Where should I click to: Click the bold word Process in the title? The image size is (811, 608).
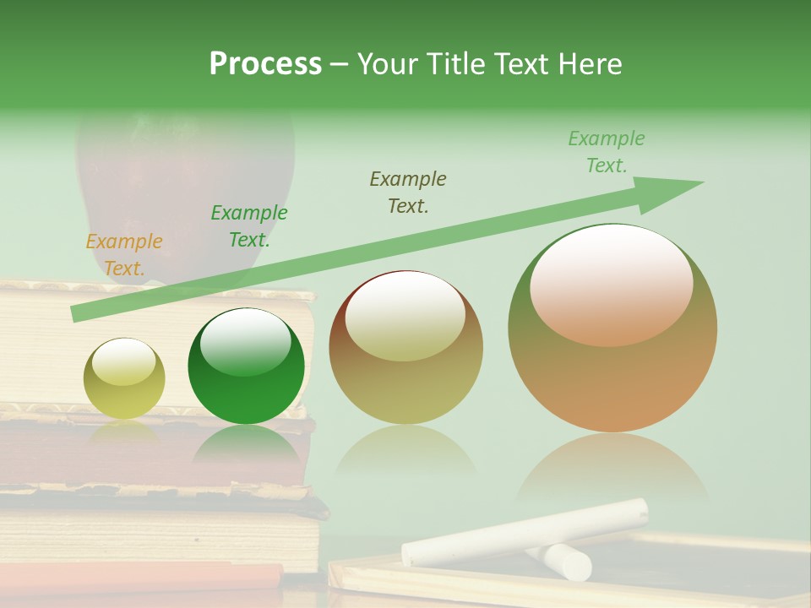pos(265,64)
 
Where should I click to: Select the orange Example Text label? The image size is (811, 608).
pos(124,255)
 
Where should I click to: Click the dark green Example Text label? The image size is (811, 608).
pos(248,226)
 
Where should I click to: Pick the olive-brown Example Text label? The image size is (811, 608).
pos(407,193)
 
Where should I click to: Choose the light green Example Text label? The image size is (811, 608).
pos(606,152)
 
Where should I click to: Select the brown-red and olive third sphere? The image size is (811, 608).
pos(405,372)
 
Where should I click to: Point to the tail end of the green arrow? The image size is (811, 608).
pos(78,313)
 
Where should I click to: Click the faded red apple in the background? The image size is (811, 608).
pos(186,177)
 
